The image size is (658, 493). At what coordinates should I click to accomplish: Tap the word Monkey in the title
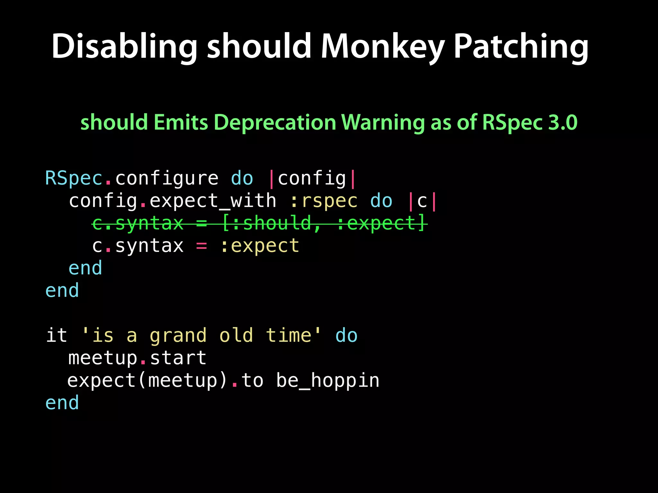(382, 47)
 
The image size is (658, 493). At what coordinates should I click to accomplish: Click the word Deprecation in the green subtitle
(275, 122)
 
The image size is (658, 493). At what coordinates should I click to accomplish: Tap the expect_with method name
(213, 201)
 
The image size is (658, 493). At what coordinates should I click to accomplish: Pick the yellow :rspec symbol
(323, 201)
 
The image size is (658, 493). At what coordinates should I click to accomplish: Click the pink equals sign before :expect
(201, 246)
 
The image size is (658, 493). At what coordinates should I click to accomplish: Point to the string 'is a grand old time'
(201, 335)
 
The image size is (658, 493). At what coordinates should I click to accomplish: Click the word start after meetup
(178, 358)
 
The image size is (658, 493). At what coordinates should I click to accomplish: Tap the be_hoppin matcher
(328, 381)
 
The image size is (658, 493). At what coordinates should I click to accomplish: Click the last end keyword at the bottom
(62, 403)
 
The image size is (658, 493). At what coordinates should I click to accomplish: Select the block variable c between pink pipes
(422, 201)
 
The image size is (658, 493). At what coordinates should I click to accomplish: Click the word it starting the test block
(57, 335)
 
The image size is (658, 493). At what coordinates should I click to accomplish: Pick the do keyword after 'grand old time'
(346, 335)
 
